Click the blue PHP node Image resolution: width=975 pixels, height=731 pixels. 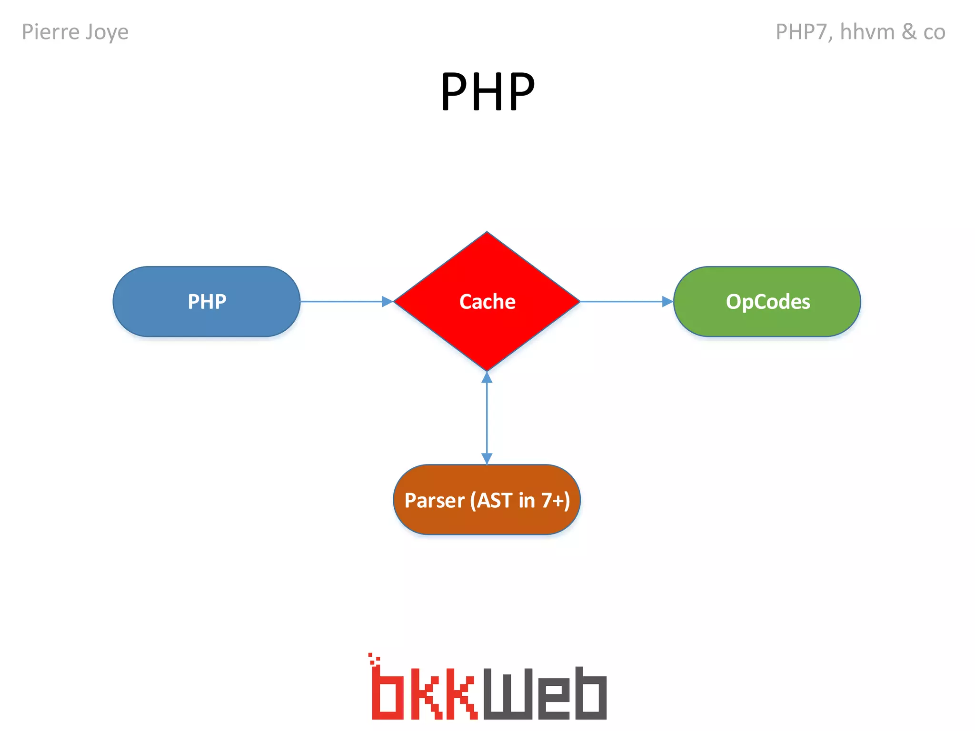(206, 302)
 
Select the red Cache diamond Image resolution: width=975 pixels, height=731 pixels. (487, 302)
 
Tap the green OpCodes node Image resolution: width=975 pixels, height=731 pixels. (767, 302)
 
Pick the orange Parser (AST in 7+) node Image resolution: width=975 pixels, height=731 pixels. (487, 500)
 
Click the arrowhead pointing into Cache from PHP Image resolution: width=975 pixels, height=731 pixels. (387, 302)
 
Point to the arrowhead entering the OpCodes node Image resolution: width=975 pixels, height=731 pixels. (667, 302)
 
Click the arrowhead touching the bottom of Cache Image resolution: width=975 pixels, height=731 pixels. (487, 377)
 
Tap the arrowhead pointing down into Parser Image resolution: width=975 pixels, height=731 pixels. (487, 458)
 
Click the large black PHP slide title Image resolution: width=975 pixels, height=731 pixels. (487, 91)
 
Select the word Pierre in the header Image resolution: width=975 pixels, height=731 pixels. (50, 32)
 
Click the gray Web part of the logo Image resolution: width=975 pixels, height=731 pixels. (545, 693)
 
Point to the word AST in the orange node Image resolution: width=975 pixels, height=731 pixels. (495, 500)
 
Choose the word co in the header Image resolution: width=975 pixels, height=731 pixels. (934, 32)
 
